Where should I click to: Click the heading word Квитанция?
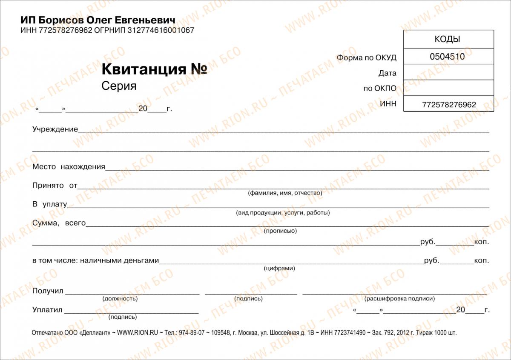click(x=144, y=69)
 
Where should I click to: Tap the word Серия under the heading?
click(x=119, y=86)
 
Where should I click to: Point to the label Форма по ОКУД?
click(x=366, y=57)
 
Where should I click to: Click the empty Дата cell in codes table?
click(x=448, y=72)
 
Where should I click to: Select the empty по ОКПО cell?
click(x=448, y=88)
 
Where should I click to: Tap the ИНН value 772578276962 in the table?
click(x=449, y=105)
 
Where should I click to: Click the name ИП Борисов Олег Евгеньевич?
click(x=98, y=20)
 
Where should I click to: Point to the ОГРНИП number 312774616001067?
click(x=161, y=31)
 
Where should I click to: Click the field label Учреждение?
click(x=55, y=129)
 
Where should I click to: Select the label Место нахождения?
click(x=69, y=166)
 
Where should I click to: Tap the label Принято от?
click(x=55, y=186)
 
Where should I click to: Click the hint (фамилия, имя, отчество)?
click(x=285, y=193)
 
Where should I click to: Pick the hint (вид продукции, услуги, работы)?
click(x=283, y=212)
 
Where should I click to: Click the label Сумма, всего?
click(x=59, y=223)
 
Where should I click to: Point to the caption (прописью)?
click(x=280, y=231)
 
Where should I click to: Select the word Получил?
click(x=48, y=291)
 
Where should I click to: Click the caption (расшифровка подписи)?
click(x=399, y=299)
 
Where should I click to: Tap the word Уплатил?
click(x=47, y=310)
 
